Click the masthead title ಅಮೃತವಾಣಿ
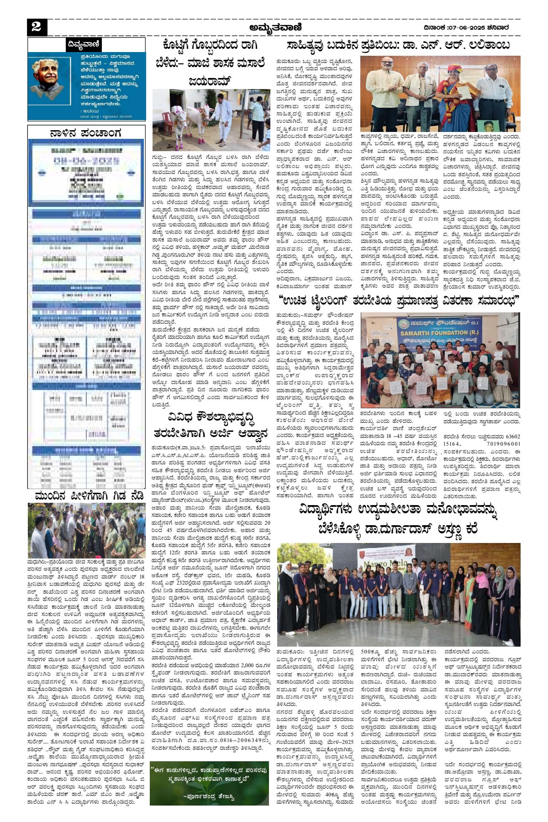point(275,27)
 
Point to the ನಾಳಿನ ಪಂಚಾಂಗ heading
point(86,133)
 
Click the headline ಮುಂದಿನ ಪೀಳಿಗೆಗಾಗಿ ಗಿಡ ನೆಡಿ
point(89,495)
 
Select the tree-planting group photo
point(86,530)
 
